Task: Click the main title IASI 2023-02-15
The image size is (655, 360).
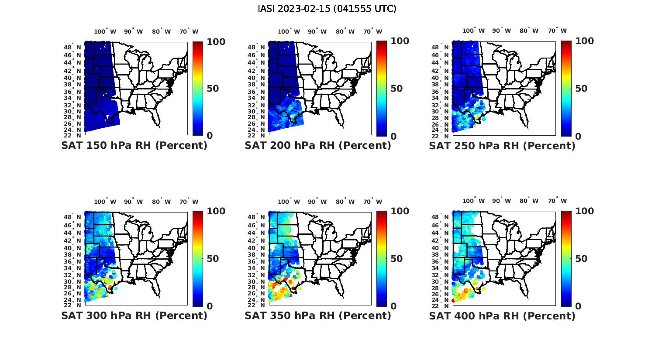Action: [x=327, y=9]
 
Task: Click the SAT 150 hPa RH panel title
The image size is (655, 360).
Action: [x=134, y=146]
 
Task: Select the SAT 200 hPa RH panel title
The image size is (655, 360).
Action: [x=318, y=146]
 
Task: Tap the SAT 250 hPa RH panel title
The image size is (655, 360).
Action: [x=502, y=146]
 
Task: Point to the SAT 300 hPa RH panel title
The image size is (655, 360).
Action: [x=134, y=315]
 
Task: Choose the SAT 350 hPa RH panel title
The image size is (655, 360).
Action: [x=318, y=315]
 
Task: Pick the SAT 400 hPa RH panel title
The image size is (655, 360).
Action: [x=502, y=315]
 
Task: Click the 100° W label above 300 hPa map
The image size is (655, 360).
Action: [x=105, y=202]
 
